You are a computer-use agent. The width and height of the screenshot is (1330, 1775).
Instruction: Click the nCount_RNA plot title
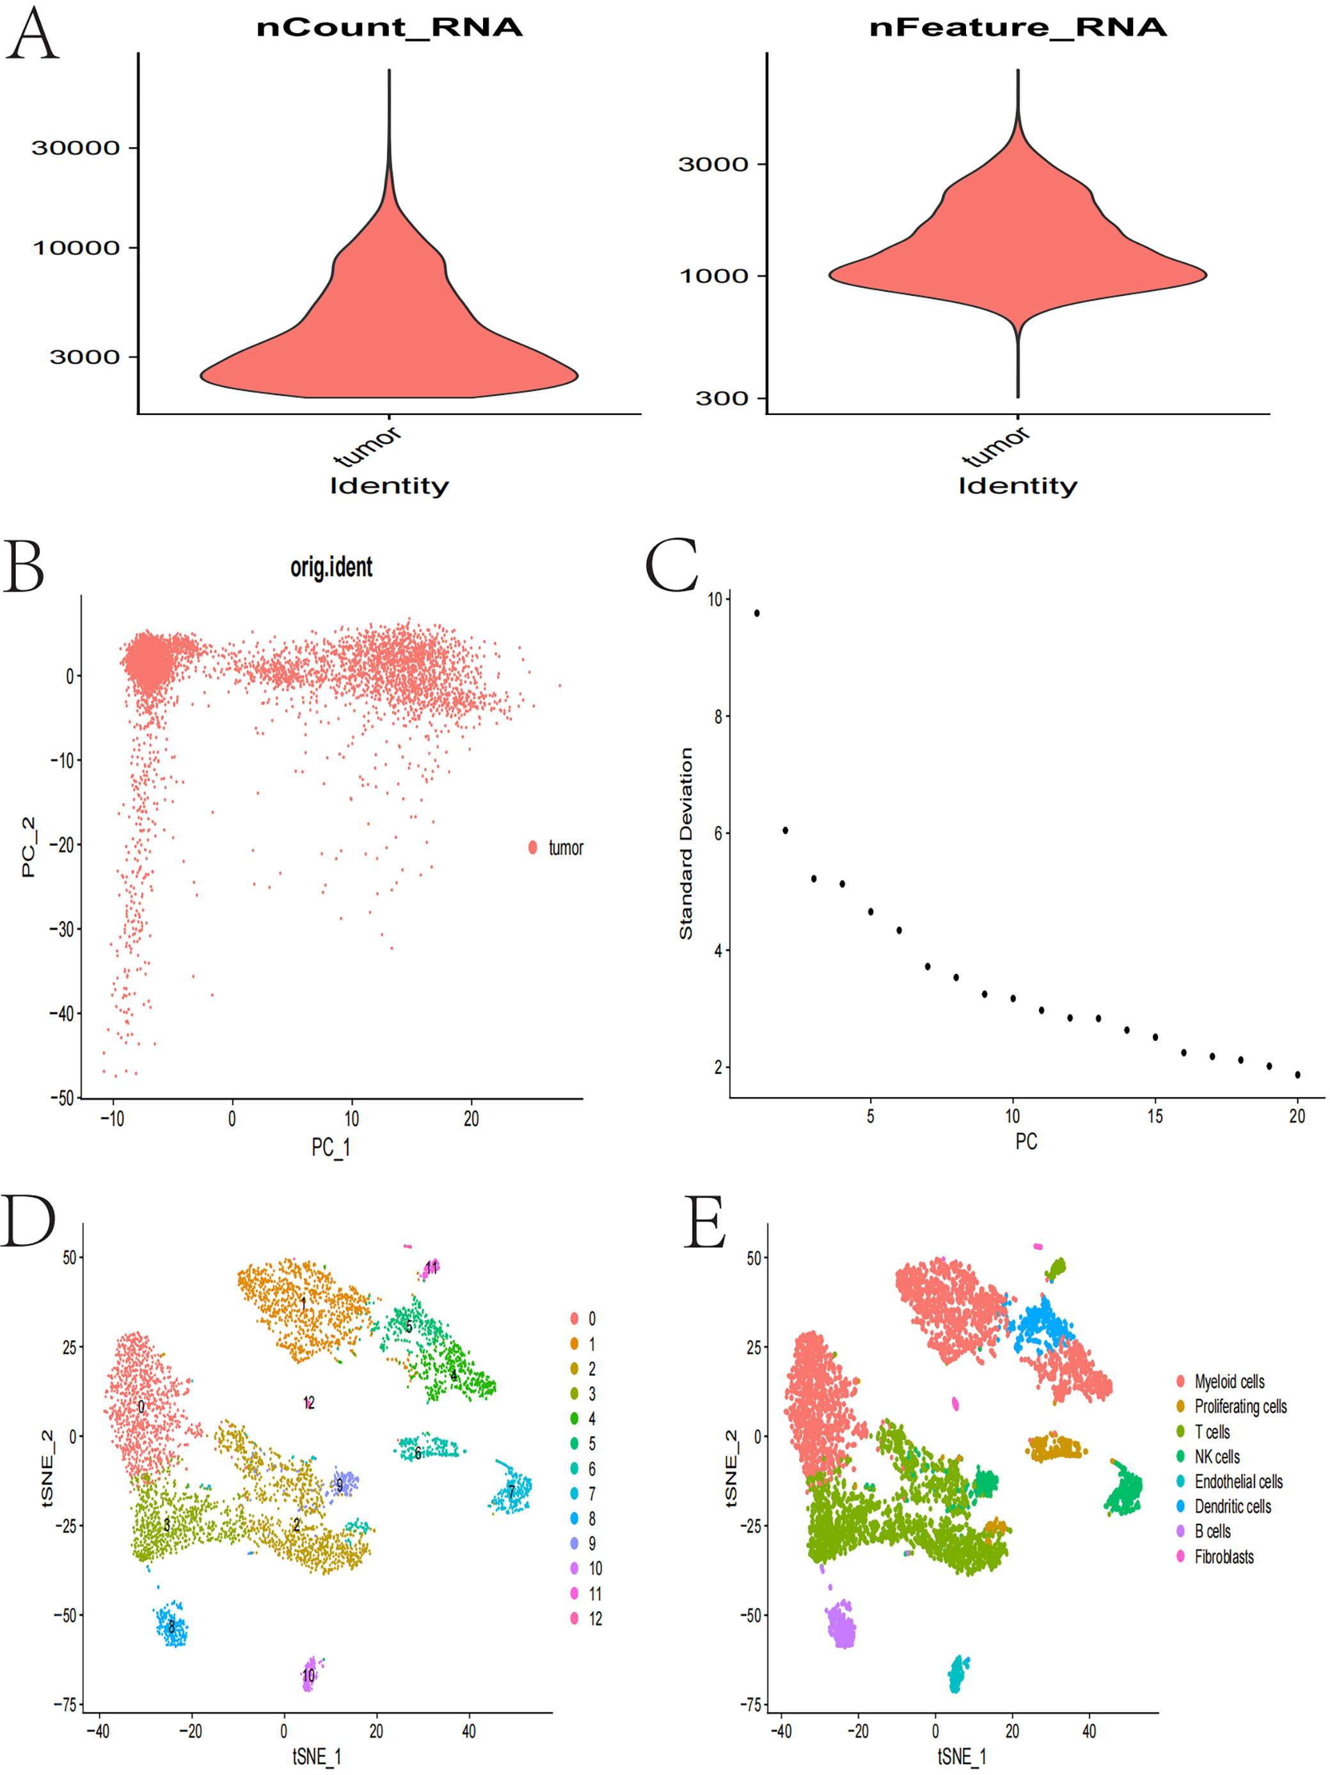click(x=390, y=27)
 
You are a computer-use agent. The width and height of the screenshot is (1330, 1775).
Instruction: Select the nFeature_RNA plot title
click(x=1018, y=27)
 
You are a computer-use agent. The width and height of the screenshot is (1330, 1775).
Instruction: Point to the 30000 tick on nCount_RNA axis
click(x=75, y=148)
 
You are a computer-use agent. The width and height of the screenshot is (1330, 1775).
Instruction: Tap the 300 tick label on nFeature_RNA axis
click(x=721, y=398)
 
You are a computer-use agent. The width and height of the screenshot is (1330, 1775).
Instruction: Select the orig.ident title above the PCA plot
click(x=331, y=567)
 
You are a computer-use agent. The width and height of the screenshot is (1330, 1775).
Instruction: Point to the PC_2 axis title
click(x=29, y=847)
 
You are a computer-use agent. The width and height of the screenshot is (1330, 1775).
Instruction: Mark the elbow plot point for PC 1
click(x=757, y=613)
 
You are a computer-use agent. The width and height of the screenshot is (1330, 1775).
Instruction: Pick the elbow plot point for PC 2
click(x=785, y=831)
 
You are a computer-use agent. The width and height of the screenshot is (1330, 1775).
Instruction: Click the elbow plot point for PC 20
click(x=1298, y=1074)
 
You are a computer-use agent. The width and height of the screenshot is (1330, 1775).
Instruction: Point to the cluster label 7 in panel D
click(x=511, y=1492)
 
